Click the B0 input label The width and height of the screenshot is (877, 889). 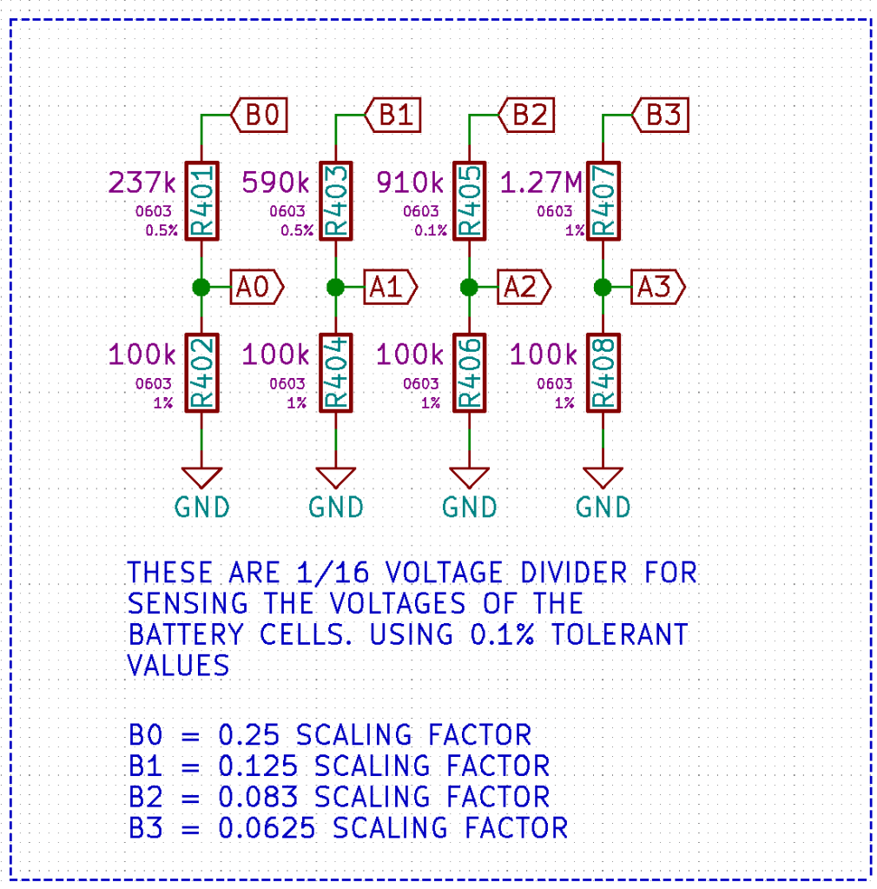click(260, 115)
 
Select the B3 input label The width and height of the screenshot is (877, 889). click(662, 115)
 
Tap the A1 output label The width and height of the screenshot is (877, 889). click(389, 287)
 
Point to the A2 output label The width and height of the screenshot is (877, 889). click(523, 287)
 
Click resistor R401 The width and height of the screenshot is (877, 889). click(201, 201)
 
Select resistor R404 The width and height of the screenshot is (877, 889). click(335, 373)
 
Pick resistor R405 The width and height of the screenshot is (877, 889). click(469, 201)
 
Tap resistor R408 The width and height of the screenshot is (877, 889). click(603, 373)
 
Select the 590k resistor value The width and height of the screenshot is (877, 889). click(275, 183)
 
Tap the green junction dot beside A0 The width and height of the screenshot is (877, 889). click(201, 287)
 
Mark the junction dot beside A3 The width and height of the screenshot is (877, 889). click(603, 287)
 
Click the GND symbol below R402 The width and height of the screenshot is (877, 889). click(201, 478)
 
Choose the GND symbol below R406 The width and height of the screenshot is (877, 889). click(469, 478)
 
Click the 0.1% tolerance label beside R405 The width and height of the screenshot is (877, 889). click(431, 230)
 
